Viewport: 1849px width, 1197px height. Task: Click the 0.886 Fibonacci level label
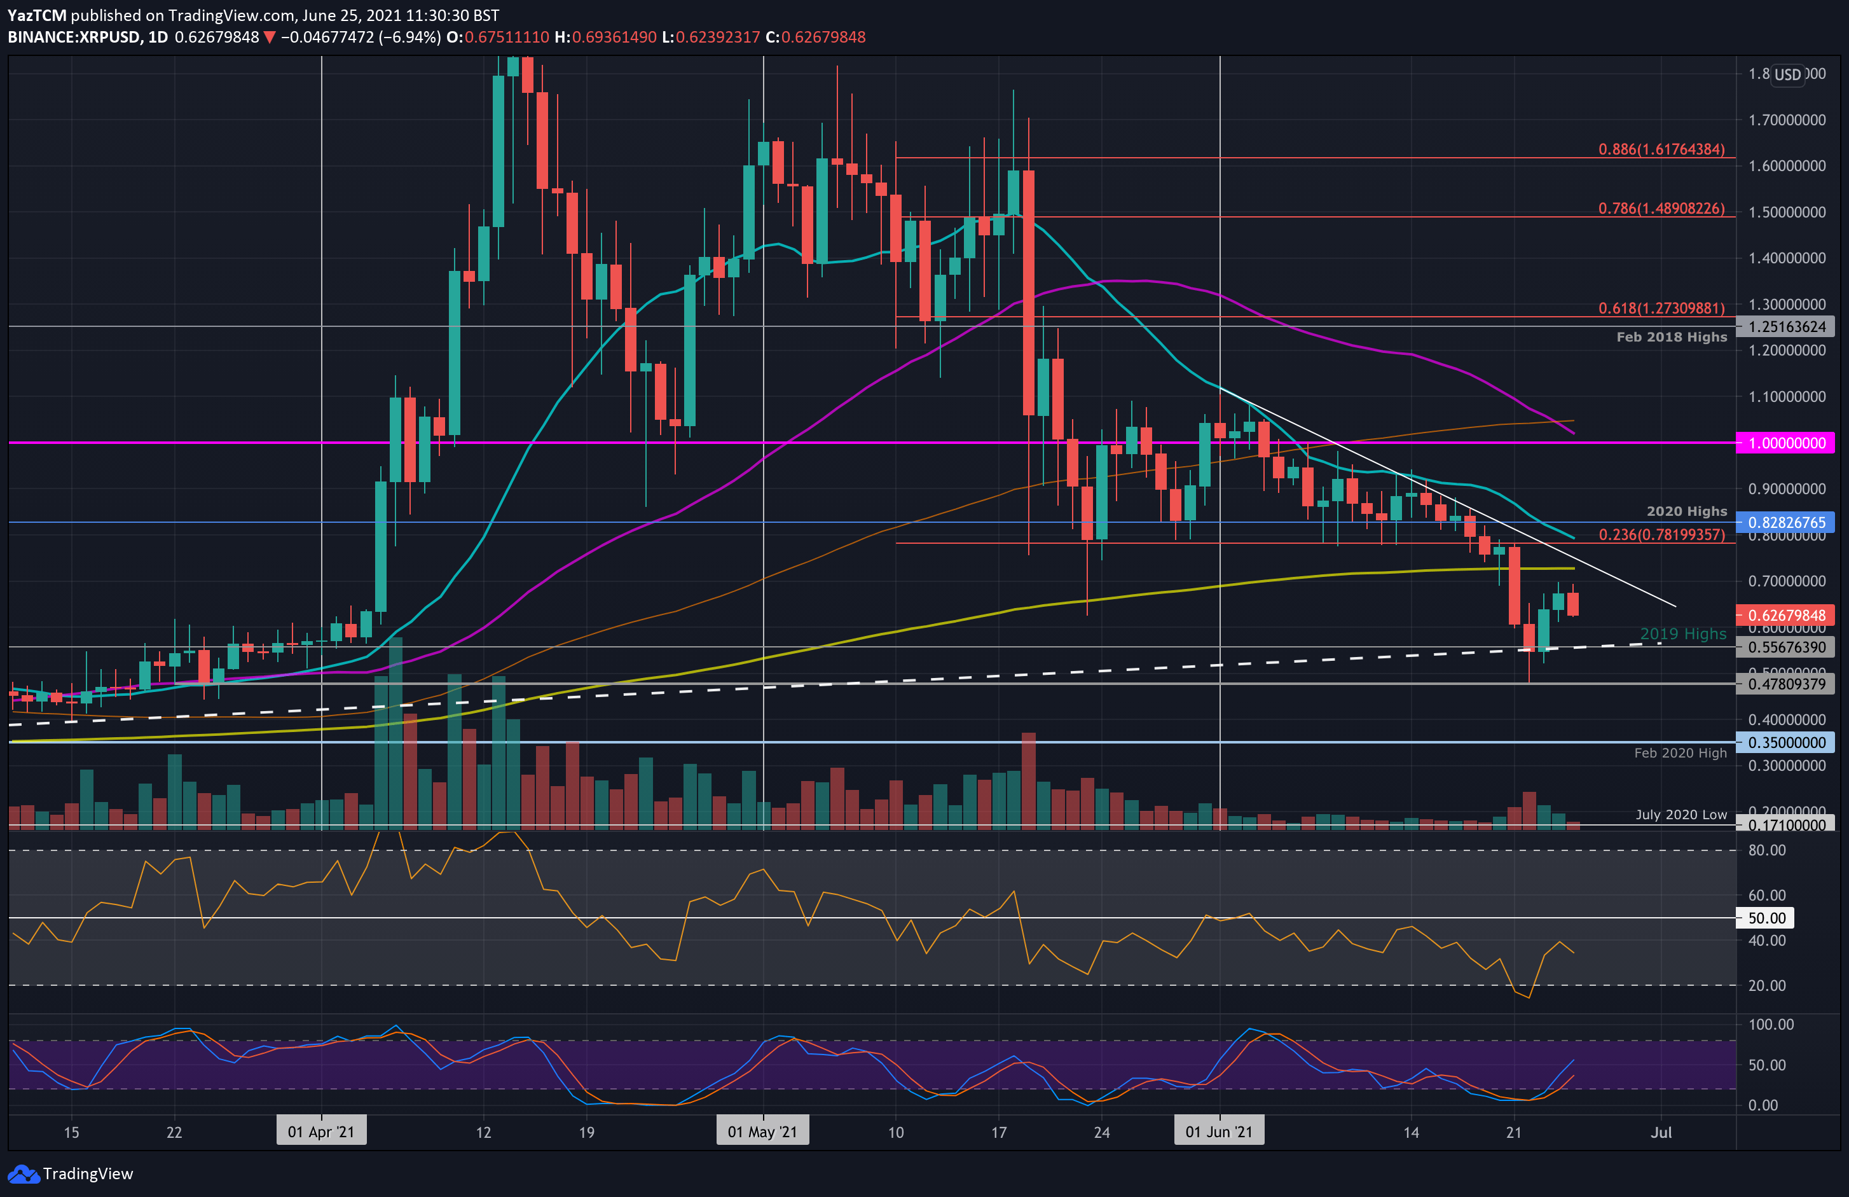[1661, 149]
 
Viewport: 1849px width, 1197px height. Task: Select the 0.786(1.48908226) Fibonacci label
[1661, 209]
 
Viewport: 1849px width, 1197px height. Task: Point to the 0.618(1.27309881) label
[1661, 308]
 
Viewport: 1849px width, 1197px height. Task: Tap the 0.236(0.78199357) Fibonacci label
[1661, 535]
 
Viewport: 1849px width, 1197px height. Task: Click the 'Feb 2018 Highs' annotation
[1671, 337]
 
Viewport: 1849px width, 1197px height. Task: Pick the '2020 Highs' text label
[1686, 511]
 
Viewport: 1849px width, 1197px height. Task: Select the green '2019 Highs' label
[1683, 634]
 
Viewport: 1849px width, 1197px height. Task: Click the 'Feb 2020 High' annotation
[1680, 753]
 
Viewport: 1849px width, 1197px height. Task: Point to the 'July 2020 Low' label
[1681, 815]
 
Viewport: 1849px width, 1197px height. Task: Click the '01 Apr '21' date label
[321, 1131]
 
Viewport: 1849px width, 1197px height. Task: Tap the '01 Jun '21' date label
[1218, 1131]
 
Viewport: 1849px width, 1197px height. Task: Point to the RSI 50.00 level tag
[1766, 918]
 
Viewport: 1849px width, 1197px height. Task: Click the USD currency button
[1787, 74]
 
